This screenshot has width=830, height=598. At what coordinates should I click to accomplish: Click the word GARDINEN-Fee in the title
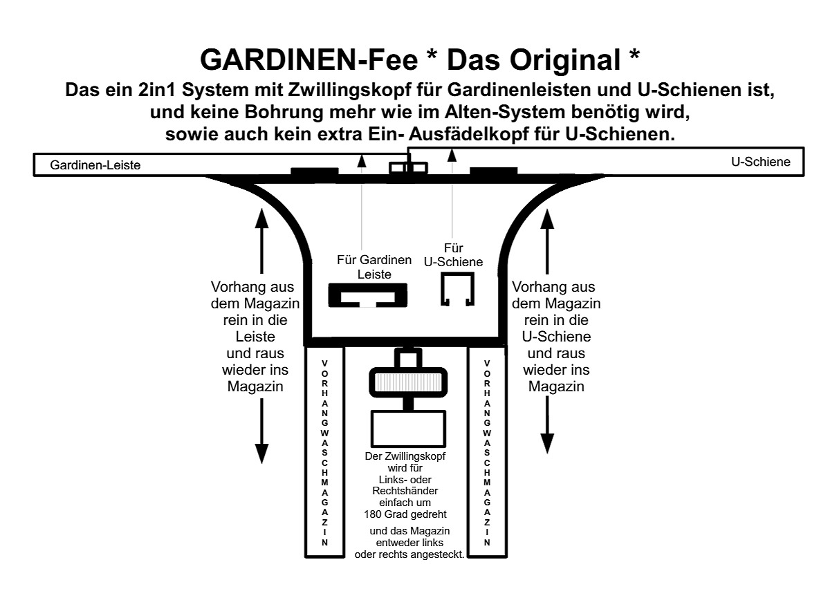(x=309, y=60)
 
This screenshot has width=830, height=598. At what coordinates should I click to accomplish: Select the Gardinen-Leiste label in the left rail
(x=95, y=165)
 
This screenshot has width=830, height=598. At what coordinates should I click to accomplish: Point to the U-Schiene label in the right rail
(x=761, y=162)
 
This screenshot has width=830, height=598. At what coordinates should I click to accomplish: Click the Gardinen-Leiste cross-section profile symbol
(x=367, y=295)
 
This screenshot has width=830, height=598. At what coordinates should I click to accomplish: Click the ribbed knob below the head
(x=408, y=382)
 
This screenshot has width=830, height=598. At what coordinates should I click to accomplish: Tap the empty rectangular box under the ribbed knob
(x=408, y=429)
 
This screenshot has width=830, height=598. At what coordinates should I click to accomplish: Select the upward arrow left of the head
(x=262, y=241)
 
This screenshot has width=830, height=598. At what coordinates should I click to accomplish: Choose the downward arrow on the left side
(x=262, y=431)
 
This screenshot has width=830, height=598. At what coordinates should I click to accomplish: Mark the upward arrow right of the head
(x=547, y=241)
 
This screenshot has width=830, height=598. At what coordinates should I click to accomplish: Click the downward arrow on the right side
(x=547, y=425)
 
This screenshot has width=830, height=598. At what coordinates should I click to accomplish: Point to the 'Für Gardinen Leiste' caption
(x=374, y=267)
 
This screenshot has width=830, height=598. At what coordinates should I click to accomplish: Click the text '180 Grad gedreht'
(x=405, y=514)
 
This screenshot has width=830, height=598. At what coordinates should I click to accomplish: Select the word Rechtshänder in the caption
(x=405, y=491)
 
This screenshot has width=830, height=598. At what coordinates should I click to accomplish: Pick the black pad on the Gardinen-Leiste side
(x=315, y=171)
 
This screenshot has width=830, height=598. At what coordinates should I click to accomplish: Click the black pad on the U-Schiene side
(x=494, y=171)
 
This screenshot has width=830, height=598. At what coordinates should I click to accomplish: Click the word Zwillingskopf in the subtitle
(x=349, y=90)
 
